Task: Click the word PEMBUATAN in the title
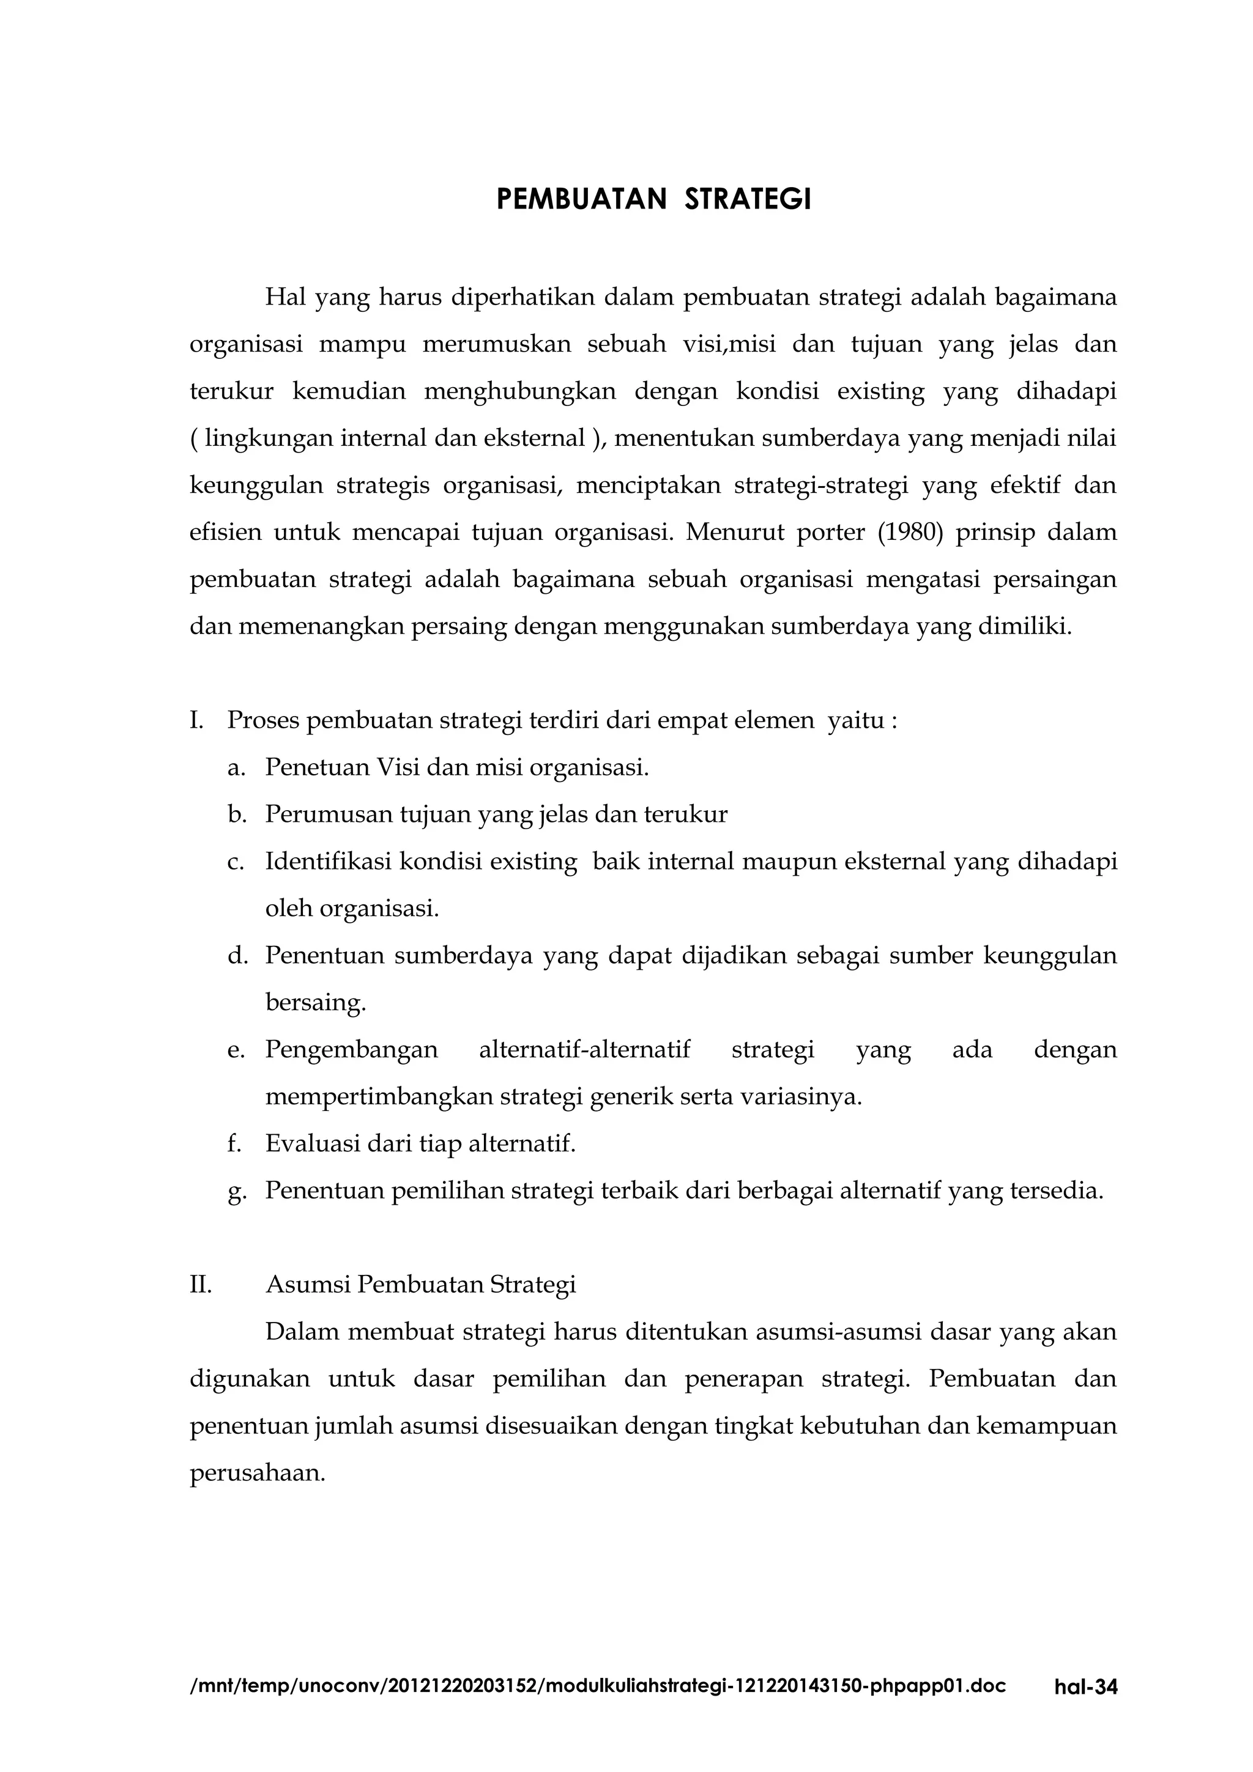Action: pyautogui.click(x=581, y=200)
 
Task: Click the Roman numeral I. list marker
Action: pyautogui.click(x=196, y=721)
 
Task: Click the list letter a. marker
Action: pyautogui.click(x=236, y=768)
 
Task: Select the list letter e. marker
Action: pyautogui.click(x=236, y=1050)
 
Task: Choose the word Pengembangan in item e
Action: pyautogui.click(x=351, y=1051)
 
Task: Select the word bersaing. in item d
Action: pyautogui.click(x=316, y=1003)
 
